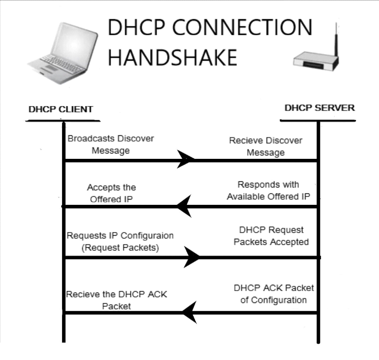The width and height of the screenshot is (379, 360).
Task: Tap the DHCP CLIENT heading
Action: click(x=61, y=109)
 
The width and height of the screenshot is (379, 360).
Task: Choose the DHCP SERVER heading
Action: click(x=319, y=108)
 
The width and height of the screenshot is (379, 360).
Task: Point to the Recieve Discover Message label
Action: click(x=266, y=146)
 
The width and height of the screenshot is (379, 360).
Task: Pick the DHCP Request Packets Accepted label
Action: click(x=271, y=236)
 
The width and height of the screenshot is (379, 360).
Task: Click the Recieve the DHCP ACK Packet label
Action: click(x=116, y=300)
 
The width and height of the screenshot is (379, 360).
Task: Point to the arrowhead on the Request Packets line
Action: click(x=192, y=257)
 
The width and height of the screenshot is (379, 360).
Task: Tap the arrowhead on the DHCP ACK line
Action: click(x=188, y=312)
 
